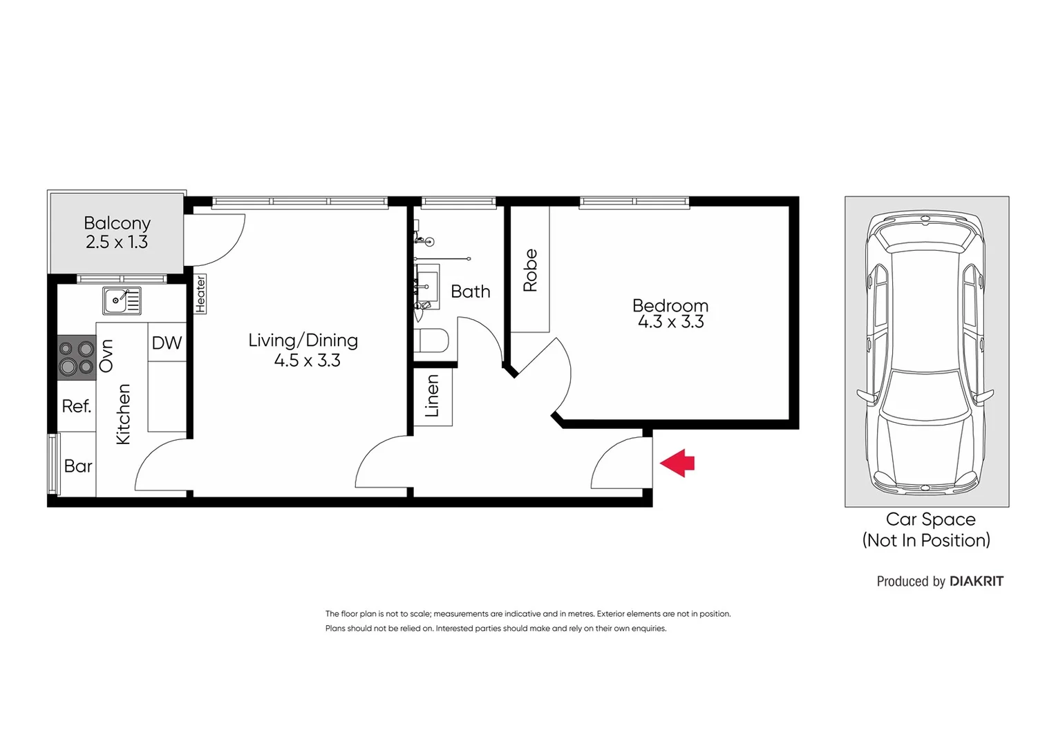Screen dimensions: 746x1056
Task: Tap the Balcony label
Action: pyautogui.click(x=117, y=223)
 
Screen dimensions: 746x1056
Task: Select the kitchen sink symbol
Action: pyautogui.click(x=122, y=301)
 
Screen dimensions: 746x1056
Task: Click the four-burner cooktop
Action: pyautogui.click(x=76, y=356)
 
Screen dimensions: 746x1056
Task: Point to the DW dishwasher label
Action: pyautogui.click(x=167, y=343)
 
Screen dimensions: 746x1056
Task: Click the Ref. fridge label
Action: pyautogui.click(x=76, y=406)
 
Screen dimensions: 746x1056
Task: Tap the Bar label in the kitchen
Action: pyautogui.click(x=77, y=466)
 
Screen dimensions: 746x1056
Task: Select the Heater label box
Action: pyautogui.click(x=200, y=294)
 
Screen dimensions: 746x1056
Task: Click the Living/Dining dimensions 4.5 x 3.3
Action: pyautogui.click(x=307, y=361)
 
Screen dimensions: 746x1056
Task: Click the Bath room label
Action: pyautogui.click(x=470, y=291)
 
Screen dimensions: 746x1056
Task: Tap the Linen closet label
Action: pyautogui.click(x=432, y=396)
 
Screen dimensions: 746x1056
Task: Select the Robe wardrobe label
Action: pyautogui.click(x=530, y=270)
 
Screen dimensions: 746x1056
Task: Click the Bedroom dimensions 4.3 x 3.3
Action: pyautogui.click(x=670, y=322)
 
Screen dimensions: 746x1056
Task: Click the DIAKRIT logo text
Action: pyautogui.click(x=976, y=581)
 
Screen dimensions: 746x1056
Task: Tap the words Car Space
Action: pyautogui.click(x=930, y=519)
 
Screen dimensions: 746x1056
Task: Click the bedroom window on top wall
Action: pyautogui.click(x=634, y=202)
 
